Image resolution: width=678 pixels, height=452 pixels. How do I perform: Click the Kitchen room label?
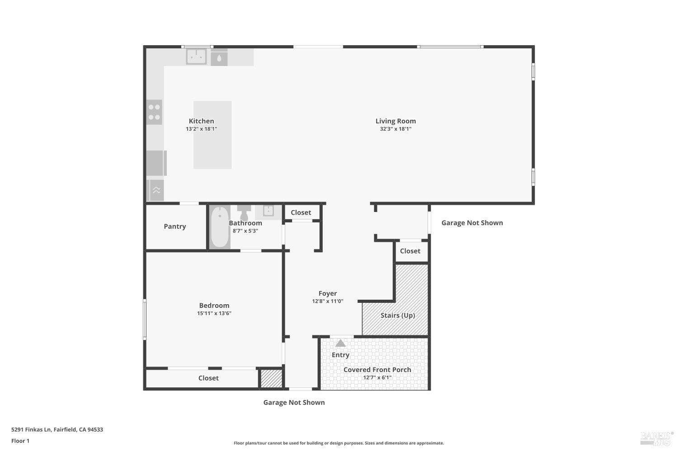pyautogui.click(x=201, y=121)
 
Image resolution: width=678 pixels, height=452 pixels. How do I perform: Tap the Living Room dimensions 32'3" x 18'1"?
pyautogui.click(x=395, y=129)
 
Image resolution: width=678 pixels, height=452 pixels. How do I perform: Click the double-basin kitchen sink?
pyautogui.click(x=197, y=57)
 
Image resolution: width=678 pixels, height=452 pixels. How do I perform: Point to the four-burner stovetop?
pyautogui.click(x=154, y=112)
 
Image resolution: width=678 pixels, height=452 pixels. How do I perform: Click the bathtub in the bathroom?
pyautogui.click(x=220, y=227)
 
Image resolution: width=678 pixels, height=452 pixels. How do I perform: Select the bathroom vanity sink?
pyautogui.click(x=268, y=211)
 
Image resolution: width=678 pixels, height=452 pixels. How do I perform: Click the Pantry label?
pyautogui.click(x=175, y=226)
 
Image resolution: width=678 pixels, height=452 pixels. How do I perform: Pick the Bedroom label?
pyautogui.click(x=214, y=306)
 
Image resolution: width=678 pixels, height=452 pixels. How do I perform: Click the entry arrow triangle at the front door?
pyautogui.click(x=340, y=344)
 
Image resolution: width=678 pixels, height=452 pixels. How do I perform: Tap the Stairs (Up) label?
pyautogui.click(x=398, y=315)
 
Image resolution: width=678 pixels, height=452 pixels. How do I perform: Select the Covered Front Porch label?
pyautogui.click(x=377, y=370)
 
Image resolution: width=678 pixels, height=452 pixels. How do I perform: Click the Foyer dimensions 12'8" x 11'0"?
pyautogui.click(x=328, y=301)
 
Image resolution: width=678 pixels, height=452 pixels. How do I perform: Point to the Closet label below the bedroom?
pyautogui.click(x=208, y=378)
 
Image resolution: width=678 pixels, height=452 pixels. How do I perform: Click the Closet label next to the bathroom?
pyautogui.click(x=301, y=212)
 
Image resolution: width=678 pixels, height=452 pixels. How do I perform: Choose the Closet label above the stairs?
pyautogui.click(x=410, y=251)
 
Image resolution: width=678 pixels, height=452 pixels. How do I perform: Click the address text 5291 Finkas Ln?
pyautogui.click(x=57, y=429)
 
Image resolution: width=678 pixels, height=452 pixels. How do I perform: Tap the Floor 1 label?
pyautogui.click(x=20, y=441)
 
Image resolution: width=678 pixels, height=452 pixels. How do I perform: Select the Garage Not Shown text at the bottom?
pyautogui.click(x=294, y=402)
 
